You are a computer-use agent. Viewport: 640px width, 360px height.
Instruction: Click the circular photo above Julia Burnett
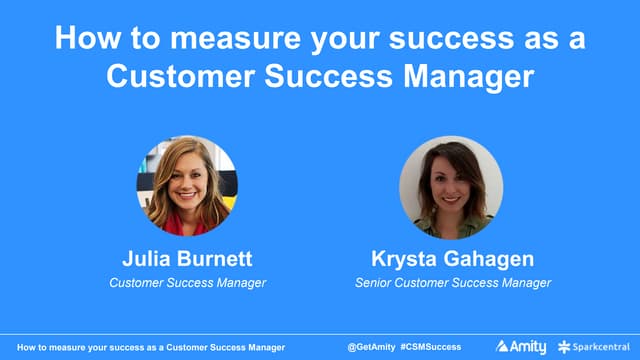pyautogui.click(x=187, y=186)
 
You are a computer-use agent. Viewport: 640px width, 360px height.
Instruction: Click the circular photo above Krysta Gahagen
pyautogui.click(x=451, y=187)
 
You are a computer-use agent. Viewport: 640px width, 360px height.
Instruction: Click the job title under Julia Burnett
pyautogui.click(x=187, y=283)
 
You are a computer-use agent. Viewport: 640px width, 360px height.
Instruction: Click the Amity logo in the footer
pyautogui.click(x=521, y=346)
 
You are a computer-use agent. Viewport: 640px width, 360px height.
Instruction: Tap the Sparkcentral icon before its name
pyautogui.click(x=565, y=346)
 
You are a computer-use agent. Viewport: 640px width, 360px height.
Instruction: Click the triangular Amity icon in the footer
pyautogui.click(x=503, y=346)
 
